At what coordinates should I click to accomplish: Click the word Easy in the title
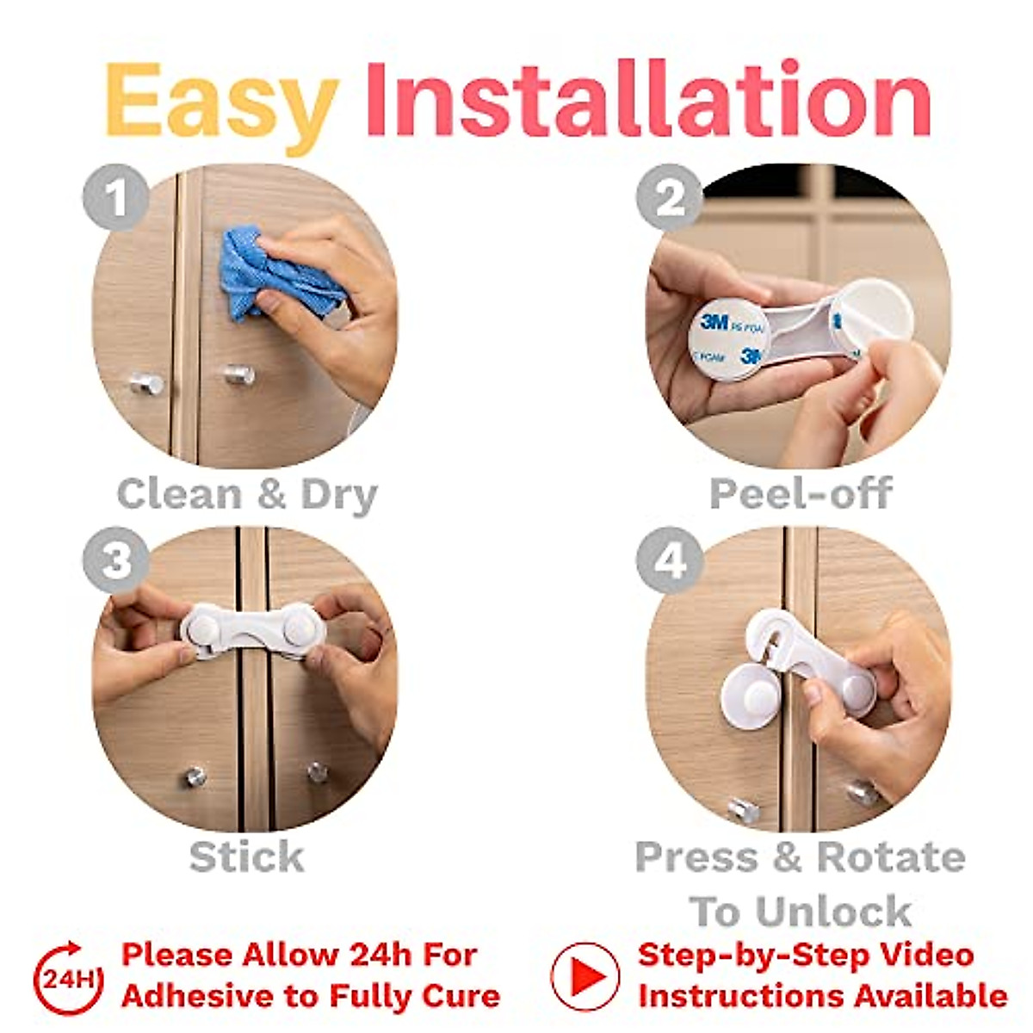coord(221,102)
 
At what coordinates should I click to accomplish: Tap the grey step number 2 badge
coord(670,197)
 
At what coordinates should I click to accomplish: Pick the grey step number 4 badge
coord(670,560)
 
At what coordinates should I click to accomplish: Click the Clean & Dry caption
coord(247,495)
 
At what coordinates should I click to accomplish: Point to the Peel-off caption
coord(800,493)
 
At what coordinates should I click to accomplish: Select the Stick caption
coord(246,857)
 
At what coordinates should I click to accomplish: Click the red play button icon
coord(585,976)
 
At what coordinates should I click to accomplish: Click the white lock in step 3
coord(253,633)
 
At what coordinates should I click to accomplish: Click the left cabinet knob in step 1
coord(146,383)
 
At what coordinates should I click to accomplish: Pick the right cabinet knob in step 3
coord(318,772)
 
